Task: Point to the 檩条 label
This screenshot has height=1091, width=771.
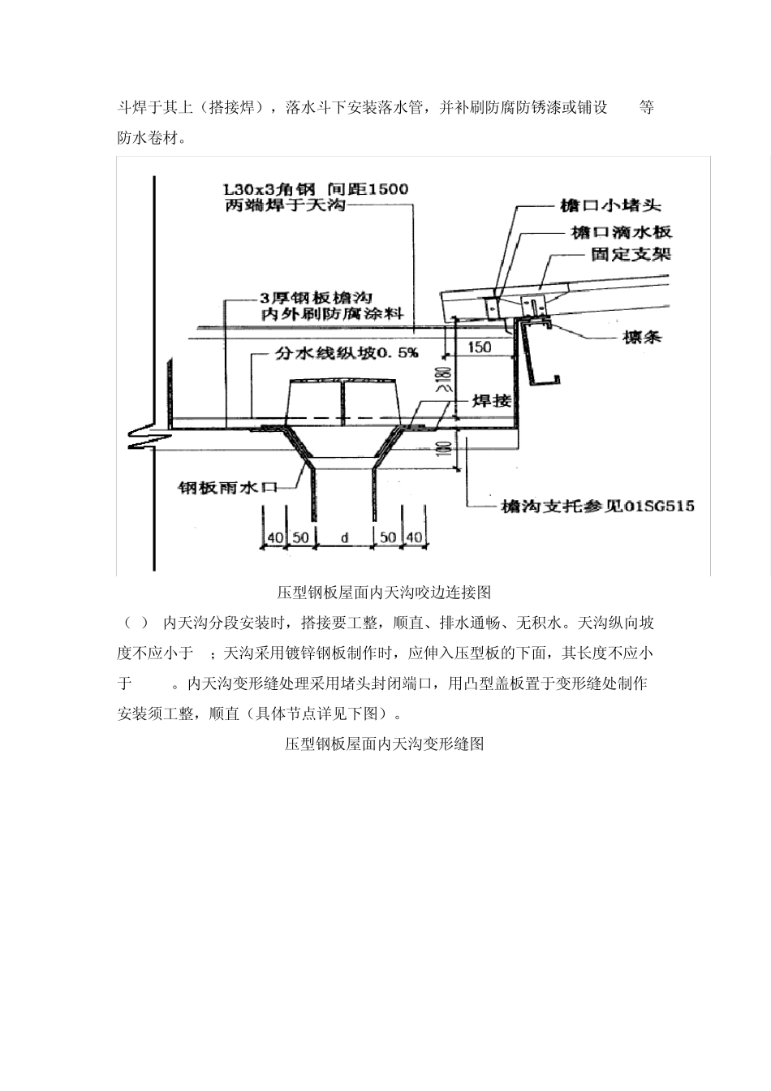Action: [640, 334]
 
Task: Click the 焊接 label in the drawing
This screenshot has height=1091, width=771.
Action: [492, 401]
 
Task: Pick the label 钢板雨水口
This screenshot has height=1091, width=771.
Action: [228, 488]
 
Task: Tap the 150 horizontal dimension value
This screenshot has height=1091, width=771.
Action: [480, 347]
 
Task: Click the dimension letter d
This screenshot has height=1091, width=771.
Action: [344, 537]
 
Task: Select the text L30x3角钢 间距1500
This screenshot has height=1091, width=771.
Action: [317, 188]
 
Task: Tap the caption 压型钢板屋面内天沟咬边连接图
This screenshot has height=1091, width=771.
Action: [384, 592]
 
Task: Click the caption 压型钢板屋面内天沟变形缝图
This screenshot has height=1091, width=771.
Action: [384, 744]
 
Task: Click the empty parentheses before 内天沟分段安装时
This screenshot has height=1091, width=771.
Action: [136, 623]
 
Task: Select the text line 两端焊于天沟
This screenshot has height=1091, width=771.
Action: [285, 205]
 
